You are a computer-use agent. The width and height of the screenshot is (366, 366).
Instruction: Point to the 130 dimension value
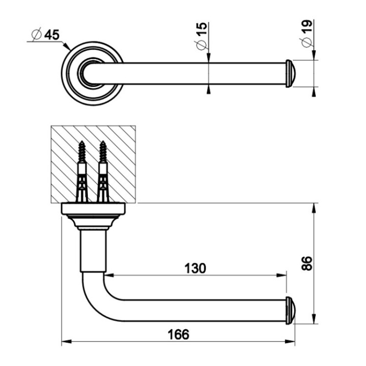195,268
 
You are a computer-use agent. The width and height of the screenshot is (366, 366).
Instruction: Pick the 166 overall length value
178,334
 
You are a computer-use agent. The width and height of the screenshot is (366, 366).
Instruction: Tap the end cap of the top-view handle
290,74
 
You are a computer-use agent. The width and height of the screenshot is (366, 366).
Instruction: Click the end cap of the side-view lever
290,309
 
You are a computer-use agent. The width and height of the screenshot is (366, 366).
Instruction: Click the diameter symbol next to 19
307,42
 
